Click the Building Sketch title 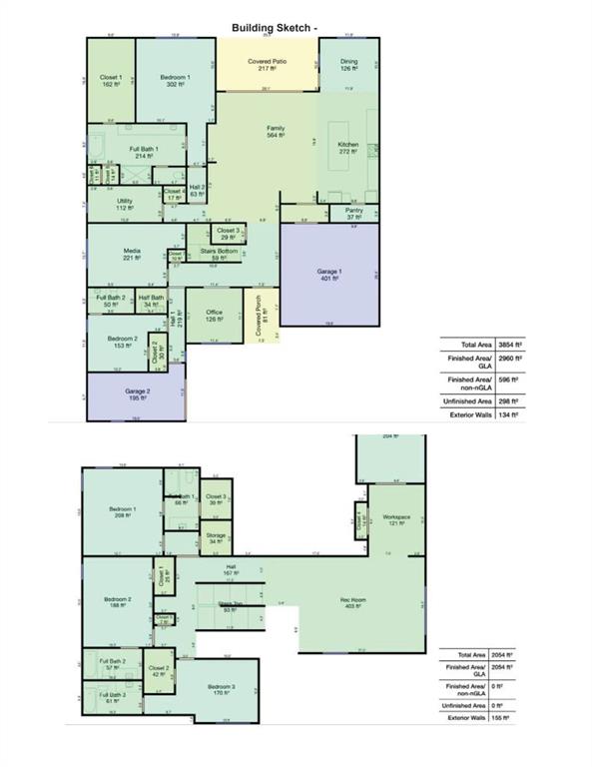(x=275, y=28)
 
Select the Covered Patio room (x=265, y=64)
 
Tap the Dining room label (x=349, y=64)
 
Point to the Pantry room (x=353, y=212)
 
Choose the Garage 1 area (x=329, y=275)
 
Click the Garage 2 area (x=136, y=394)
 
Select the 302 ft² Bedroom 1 (x=175, y=81)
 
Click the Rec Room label (x=354, y=602)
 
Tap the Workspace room (x=396, y=519)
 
